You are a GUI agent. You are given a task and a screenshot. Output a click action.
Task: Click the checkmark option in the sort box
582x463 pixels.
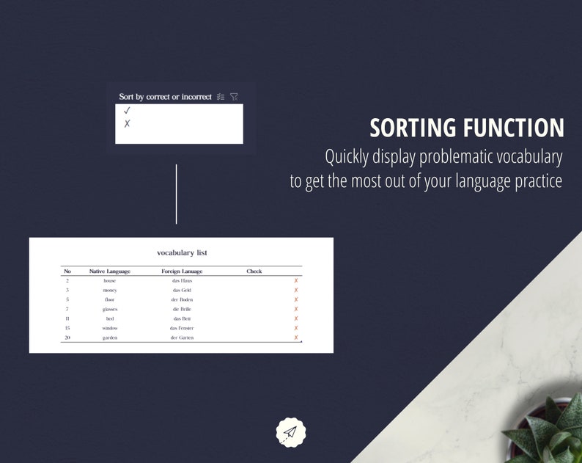(x=127, y=111)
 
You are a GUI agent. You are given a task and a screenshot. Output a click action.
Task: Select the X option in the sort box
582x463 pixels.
(x=127, y=124)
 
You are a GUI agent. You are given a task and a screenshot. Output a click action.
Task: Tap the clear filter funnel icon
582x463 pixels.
(x=234, y=97)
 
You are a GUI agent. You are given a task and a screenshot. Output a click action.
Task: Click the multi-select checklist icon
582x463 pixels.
(x=221, y=97)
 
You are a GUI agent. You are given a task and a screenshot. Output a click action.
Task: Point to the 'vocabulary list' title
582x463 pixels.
(x=182, y=253)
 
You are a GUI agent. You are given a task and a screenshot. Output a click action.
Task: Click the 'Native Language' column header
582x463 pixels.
(x=109, y=271)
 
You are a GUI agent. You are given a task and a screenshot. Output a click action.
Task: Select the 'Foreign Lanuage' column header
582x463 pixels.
(x=182, y=271)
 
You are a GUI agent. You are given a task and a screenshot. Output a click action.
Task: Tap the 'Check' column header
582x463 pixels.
(x=254, y=271)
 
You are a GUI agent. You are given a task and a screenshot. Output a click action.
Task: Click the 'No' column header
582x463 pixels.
(x=67, y=271)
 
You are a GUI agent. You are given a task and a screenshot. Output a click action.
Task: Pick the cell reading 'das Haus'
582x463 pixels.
(x=182, y=281)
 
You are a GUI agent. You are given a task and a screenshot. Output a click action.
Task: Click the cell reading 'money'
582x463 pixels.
(x=109, y=291)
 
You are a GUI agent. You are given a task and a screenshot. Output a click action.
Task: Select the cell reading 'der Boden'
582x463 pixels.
(x=182, y=300)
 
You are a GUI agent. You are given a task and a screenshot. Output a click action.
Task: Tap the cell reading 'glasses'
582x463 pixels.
(x=109, y=310)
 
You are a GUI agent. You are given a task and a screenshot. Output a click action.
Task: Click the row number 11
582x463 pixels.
(x=67, y=319)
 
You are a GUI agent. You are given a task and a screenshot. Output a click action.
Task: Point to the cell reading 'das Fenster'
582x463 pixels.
(x=182, y=328)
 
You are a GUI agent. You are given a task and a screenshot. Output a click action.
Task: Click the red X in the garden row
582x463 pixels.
(x=296, y=338)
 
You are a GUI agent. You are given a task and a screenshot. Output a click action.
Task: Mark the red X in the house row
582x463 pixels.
(x=296, y=281)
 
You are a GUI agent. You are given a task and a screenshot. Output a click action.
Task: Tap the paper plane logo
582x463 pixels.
(x=291, y=432)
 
